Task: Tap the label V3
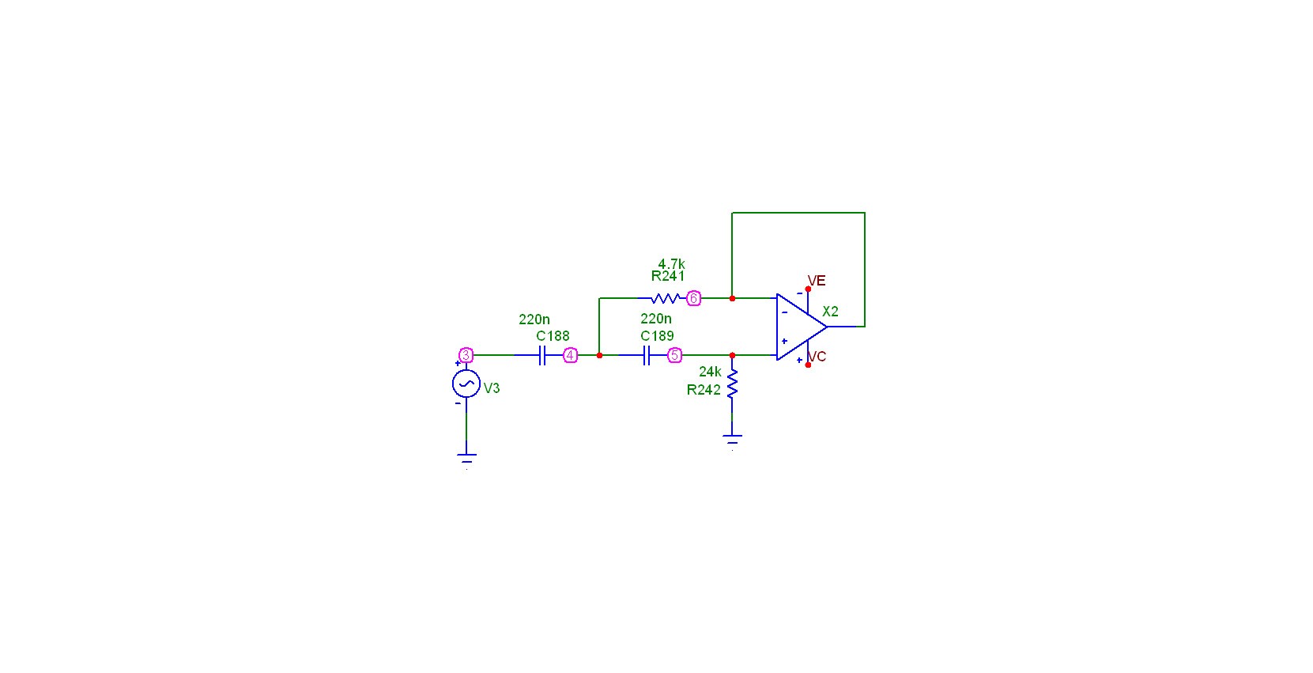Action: tap(492, 388)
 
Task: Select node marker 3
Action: tap(466, 355)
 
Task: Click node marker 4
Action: tap(570, 355)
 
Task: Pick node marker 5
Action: tap(674, 355)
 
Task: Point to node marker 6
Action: tap(693, 298)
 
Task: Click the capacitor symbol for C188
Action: tap(542, 355)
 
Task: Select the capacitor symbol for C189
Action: tap(647, 355)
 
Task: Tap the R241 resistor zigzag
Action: tap(666, 298)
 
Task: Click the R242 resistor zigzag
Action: tap(732, 384)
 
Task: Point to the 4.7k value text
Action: tap(671, 264)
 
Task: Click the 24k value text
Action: tap(711, 372)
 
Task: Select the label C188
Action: tap(553, 336)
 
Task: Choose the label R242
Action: tap(704, 390)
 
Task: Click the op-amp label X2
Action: tap(831, 312)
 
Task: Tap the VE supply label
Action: tap(817, 281)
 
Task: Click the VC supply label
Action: tap(817, 357)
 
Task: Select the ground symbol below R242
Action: tap(732, 441)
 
